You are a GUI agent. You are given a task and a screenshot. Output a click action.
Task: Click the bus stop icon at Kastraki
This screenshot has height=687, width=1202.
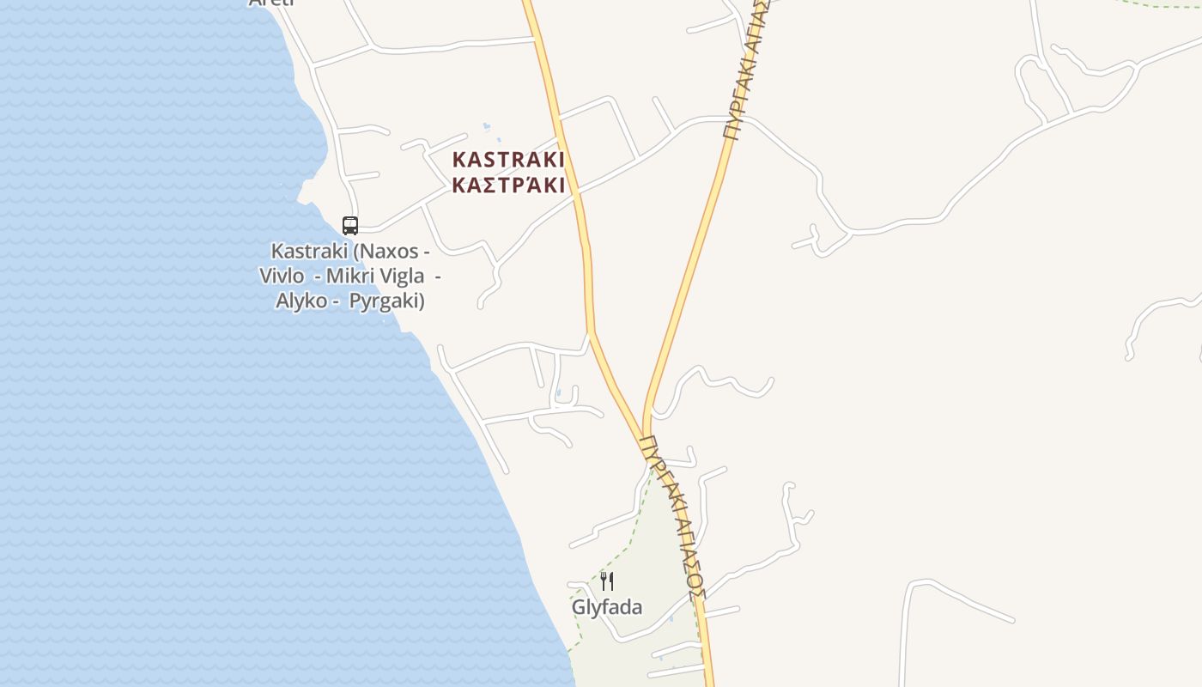[350, 225]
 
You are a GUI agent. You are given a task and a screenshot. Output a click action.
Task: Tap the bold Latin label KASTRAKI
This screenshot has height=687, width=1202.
[508, 160]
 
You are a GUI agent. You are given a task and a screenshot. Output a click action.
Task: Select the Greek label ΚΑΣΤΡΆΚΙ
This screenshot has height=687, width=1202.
[508, 185]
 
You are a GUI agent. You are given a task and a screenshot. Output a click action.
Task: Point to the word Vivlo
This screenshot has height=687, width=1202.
[282, 276]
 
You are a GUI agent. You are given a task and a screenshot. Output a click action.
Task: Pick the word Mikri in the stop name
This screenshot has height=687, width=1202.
[350, 276]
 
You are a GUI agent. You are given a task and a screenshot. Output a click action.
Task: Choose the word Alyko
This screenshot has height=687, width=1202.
[301, 301]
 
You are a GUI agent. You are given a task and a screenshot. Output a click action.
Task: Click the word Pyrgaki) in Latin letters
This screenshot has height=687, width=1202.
[387, 301]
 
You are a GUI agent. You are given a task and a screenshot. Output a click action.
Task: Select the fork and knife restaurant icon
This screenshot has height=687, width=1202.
[606, 581]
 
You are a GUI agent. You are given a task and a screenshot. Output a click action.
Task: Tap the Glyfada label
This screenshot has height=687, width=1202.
[607, 607]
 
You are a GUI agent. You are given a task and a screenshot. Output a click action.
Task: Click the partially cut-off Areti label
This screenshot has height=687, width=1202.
[270, 3]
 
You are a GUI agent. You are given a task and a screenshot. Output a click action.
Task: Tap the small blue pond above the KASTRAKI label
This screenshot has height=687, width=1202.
[487, 127]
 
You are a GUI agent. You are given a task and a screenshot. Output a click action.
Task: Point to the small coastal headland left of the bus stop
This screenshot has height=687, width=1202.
[304, 192]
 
